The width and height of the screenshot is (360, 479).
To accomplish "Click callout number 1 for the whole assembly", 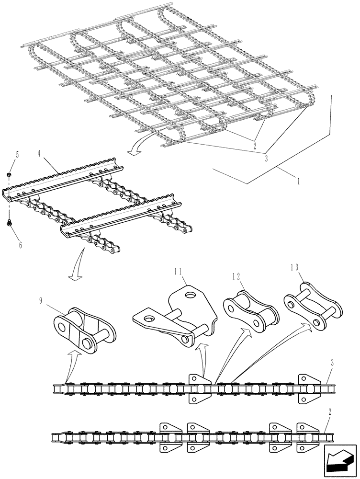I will [x=299, y=182].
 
